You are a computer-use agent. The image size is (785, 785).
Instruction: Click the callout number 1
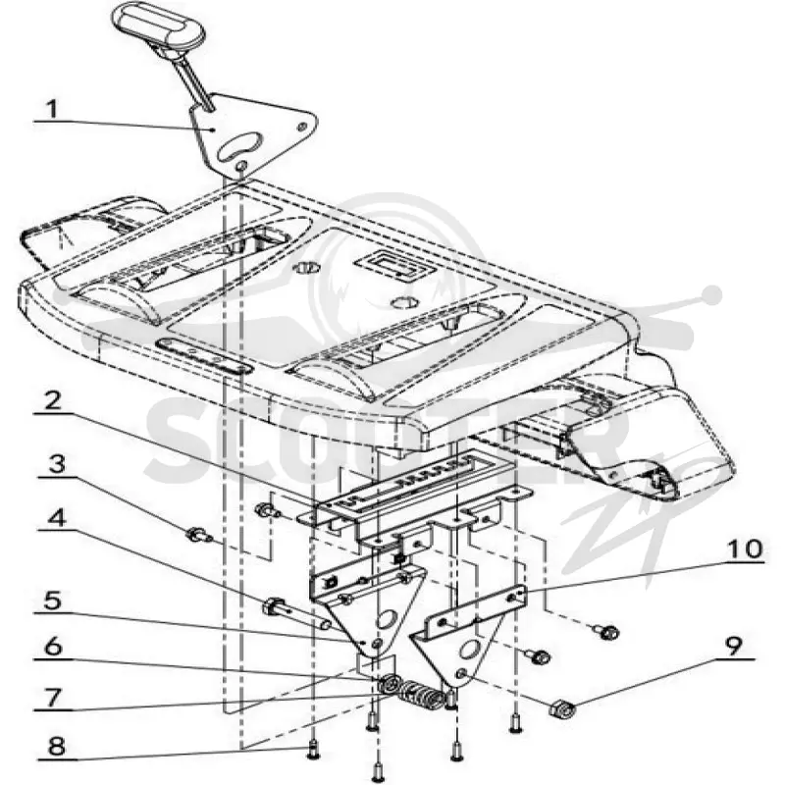pyautogui.click(x=52, y=109)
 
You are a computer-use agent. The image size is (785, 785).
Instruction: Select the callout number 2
pyautogui.click(x=52, y=401)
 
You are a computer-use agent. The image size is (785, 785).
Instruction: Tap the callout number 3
pyautogui.click(x=56, y=464)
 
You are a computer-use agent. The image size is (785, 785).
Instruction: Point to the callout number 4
pyautogui.click(x=57, y=518)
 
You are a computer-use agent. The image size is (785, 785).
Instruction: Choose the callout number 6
pyautogui.click(x=53, y=647)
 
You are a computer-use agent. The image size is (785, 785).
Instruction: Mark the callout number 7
pyautogui.click(x=53, y=698)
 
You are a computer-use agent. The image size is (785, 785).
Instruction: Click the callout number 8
pyautogui.click(x=56, y=747)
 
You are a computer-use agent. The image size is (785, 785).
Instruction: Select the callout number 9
pyautogui.click(x=733, y=647)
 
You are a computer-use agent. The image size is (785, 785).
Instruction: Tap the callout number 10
pyautogui.click(x=745, y=549)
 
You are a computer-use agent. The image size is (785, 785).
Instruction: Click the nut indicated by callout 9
pyautogui.click(x=562, y=708)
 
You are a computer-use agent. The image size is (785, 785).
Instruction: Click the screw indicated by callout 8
pyautogui.click(x=313, y=749)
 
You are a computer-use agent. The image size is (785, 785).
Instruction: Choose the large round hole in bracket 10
pyautogui.click(x=470, y=651)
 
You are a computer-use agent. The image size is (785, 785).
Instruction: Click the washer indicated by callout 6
pyautogui.click(x=389, y=684)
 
